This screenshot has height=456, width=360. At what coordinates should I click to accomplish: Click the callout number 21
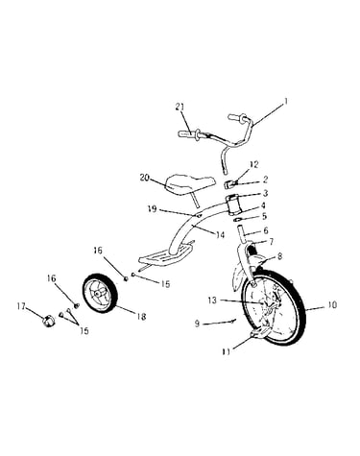click(x=180, y=107)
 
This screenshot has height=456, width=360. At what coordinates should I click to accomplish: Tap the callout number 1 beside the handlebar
click(x=286, y=102)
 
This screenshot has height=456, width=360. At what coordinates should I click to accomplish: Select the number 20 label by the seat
click(x=145, y=178)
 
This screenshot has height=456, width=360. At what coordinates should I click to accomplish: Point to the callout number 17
click(x=21, y=306)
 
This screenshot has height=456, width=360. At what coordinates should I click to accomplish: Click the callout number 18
click(x=141, y=317)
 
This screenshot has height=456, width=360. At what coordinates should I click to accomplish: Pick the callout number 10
click(x=332, y=305)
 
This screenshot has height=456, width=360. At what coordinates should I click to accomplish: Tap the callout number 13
click(x=212, y=300)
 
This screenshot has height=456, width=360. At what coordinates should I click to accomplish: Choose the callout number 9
click(x=197, y=324)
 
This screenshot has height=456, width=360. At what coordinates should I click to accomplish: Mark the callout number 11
click(x=227, y=351)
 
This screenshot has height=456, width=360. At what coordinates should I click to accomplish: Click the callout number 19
click(x=153, y=209)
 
